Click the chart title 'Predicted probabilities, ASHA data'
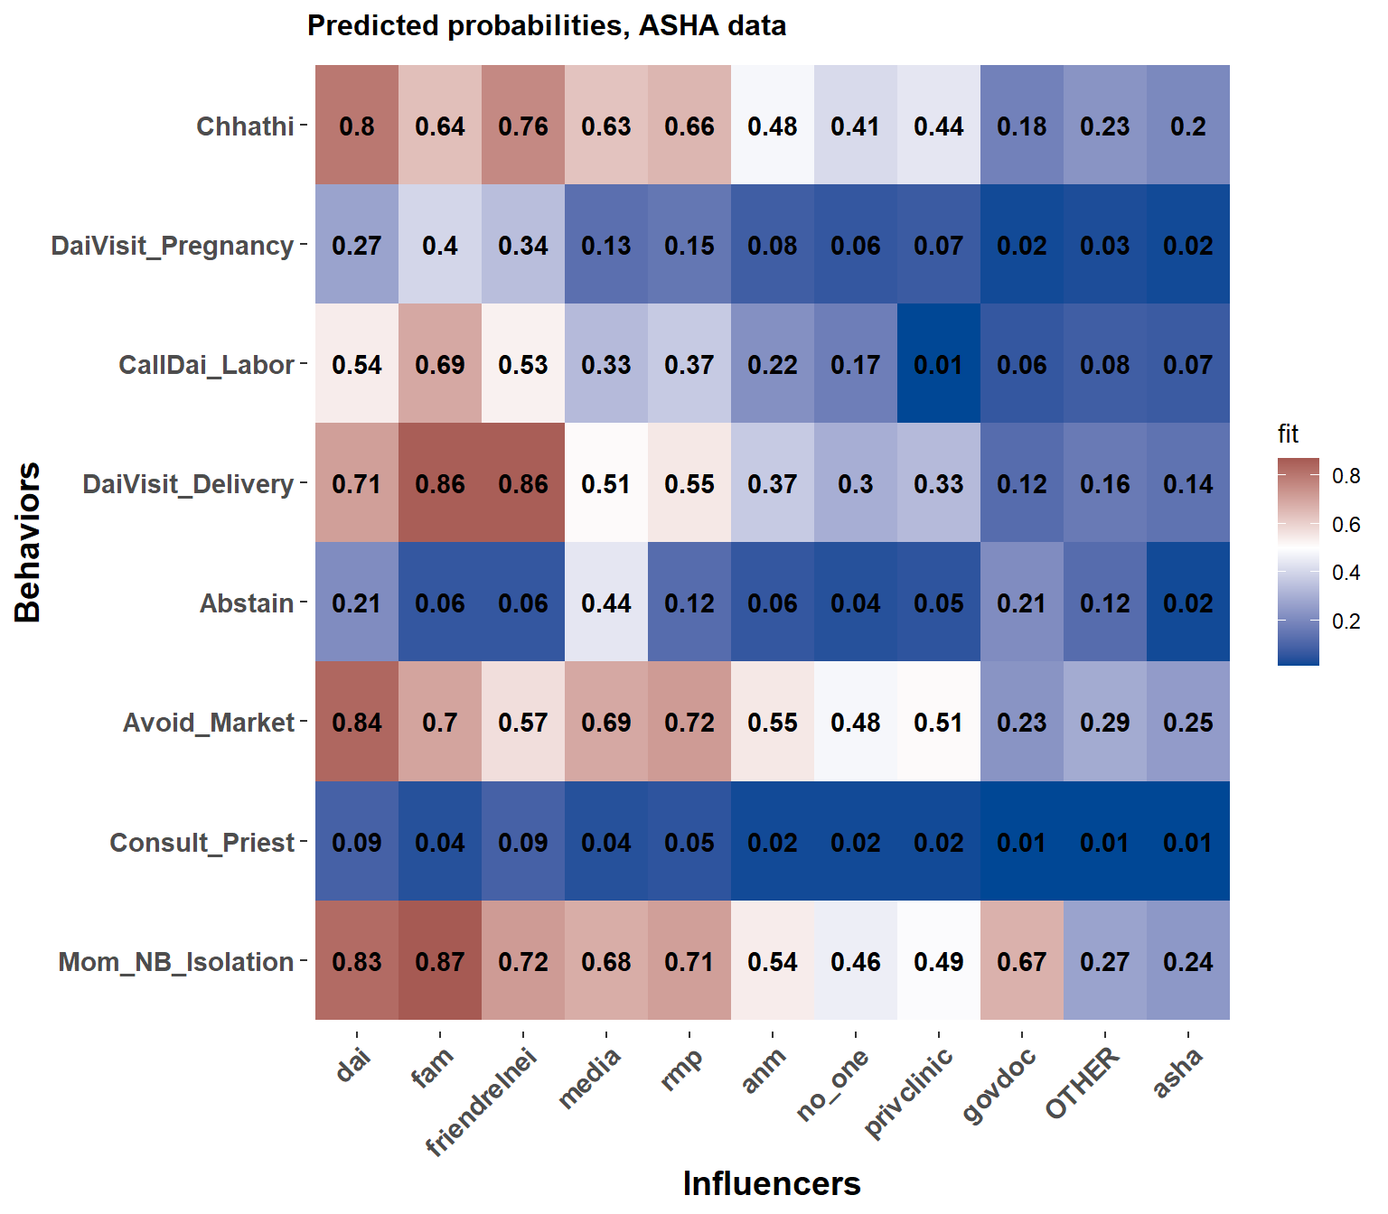(546, 25)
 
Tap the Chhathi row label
(245, 126)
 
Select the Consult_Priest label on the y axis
(202, 843)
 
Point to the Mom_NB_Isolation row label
(175, 962)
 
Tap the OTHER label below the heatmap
(1082, 1083)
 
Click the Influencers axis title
(772, 1183)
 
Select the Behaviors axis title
(28, 542)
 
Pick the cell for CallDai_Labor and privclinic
(939, 364)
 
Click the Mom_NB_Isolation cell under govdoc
(1022, 961)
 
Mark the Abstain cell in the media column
(606, 602)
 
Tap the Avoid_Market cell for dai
(357, 722)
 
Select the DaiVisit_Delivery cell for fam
(440, 483)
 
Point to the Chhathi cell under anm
(773, 126)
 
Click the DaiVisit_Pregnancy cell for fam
(440, 245)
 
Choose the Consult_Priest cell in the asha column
(1188, 842)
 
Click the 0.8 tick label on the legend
(1346, 476)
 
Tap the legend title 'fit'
(1288, 434)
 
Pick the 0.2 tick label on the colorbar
(1346, 621)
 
